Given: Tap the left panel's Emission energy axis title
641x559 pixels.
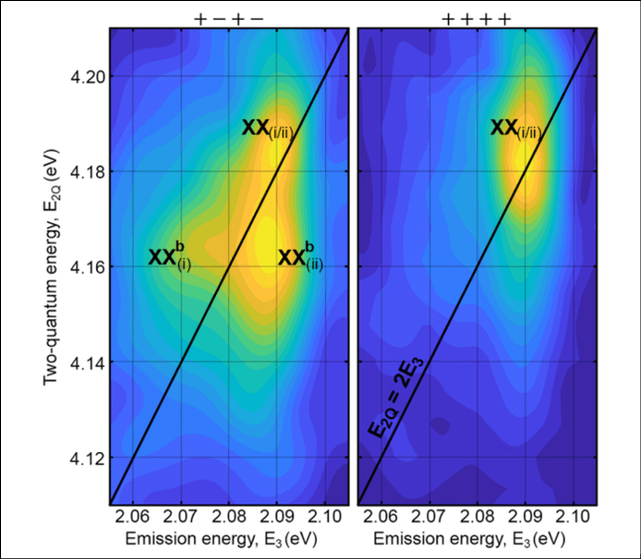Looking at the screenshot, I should click(230, 539).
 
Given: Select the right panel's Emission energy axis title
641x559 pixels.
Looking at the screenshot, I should click(476, 539).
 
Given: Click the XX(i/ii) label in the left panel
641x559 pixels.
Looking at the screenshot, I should click(267, 129).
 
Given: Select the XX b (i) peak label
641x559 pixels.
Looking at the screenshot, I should click(169, 256).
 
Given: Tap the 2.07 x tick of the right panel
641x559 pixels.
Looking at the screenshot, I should click(428, 516).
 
